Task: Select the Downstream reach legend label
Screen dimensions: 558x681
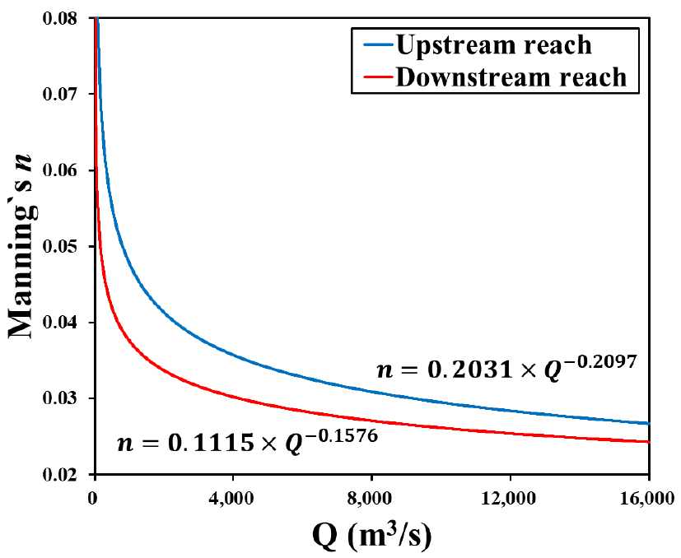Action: pyautogui.click(x=511, y=77)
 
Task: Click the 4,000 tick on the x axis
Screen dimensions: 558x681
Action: pyautogui.click(x=233, y=498)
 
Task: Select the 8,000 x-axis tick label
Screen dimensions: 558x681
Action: pyautogui.click(x=371, y=498)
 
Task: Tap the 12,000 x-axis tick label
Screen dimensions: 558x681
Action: pyautogui.click(x=510, y=498)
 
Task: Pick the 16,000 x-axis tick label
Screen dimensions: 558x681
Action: pyautogui.click(x=648, y=498)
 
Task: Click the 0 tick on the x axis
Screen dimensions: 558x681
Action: pyautogui.click(x=96, y=498)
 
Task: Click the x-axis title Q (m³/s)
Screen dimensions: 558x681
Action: pyautogui.click(x=371, y=535)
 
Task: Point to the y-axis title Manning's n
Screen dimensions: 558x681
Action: pyautogui.click(x=25, y=246)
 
